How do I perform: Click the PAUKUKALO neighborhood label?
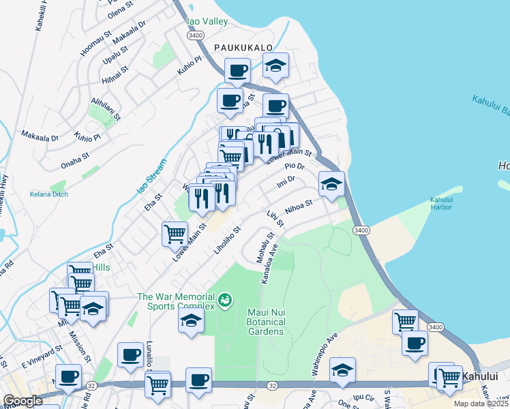[x=243, y=48]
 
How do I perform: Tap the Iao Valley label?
[x=207, y=22]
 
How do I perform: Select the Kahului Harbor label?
[x=442, y=204]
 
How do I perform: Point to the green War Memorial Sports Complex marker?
[x=224, y=299]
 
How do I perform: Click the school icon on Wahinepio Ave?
[x=342, y=369]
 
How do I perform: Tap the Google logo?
[x=22, y=402]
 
